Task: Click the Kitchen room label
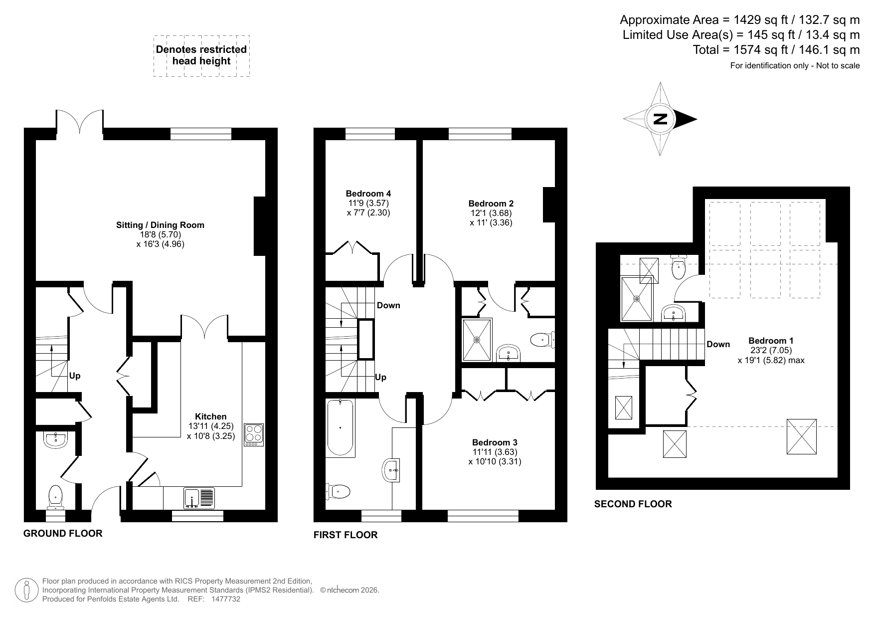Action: [x=210, y=416]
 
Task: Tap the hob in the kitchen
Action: [x=254, y=435]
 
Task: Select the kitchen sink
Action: [x=199, y=498]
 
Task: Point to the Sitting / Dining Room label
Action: [x=160, y=225]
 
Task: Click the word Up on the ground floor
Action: [x=75, y=376]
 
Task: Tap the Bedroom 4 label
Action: [x=368, y=194]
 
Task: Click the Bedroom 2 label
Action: [x=491, y=204]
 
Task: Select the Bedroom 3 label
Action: [x=495, y=442]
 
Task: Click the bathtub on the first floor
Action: [x=341, y=427]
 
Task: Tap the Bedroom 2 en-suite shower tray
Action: [x=477, y=340]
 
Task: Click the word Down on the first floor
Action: [x=388, y=305]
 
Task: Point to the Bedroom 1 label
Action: [x=771, y=341]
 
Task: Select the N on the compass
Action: [x=660, y=119]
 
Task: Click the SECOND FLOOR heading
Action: [x=633, y=504]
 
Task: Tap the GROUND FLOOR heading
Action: [x=63, y=534]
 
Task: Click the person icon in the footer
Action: [x=27, y=590]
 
